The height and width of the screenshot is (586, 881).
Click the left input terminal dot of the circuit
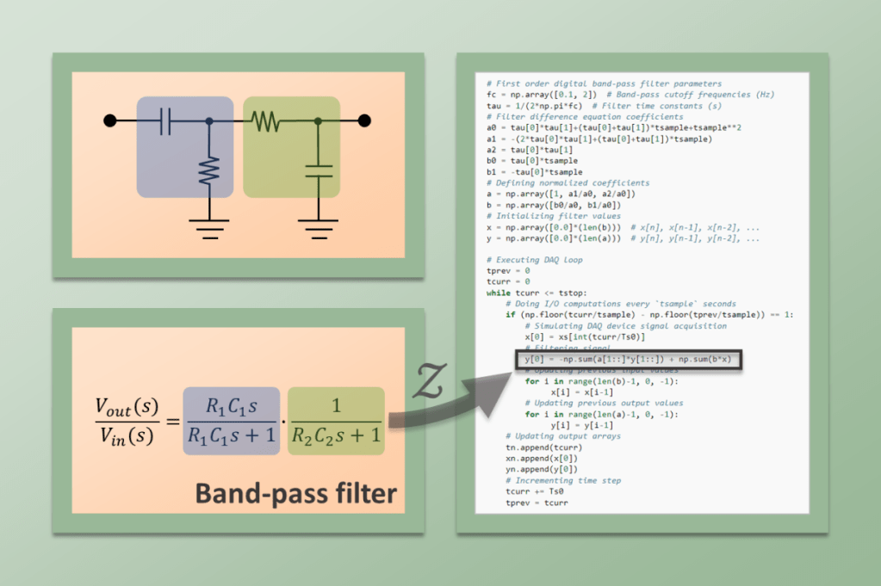[110, 120]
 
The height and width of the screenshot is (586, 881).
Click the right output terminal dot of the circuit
[364, 120]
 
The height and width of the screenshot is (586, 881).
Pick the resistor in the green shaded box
[266, 121]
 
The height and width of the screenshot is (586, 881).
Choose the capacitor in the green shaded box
[319, 170]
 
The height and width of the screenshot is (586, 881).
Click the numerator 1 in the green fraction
[336, 406]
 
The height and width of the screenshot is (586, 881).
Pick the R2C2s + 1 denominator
[336, 436]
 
